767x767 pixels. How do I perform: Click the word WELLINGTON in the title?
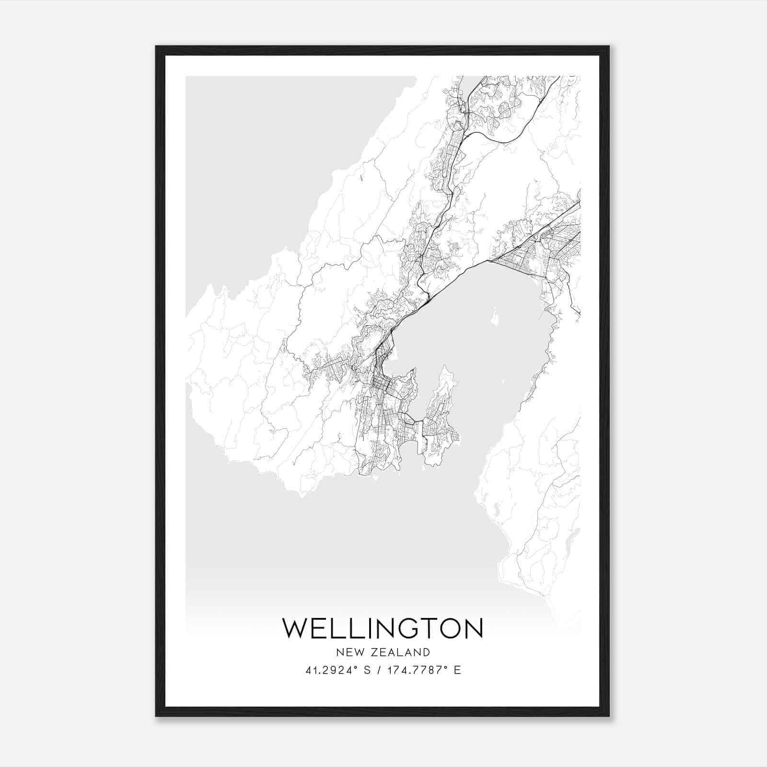[x=383, y=628]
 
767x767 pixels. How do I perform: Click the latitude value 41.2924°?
[x=333, y=670]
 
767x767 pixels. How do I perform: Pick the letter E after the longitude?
[x=457, y=670]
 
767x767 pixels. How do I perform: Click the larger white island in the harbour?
[x=494, y=316]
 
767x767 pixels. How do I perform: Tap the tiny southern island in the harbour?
[x=503, y=382]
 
